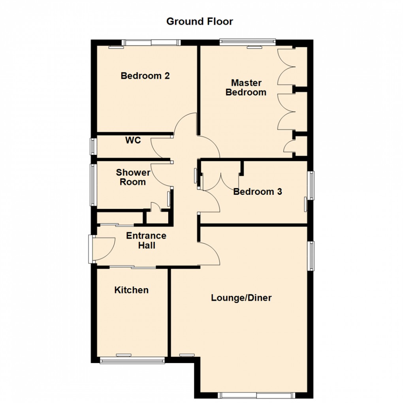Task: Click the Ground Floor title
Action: pos(200,21)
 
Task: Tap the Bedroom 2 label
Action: pos(145,75)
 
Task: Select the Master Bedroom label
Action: pos(246,88)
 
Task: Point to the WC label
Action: pos(133,140)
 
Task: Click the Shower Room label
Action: pos(133,177)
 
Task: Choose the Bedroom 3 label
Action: pos(258,192)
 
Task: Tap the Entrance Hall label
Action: pos(146,241)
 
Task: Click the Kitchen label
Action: pos(132,290)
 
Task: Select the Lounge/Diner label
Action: pos(241,298)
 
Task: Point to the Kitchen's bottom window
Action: pos(132,360)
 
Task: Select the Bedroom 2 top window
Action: pos(151,43)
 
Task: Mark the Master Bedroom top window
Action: pos(247,41)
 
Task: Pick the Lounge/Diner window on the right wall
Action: pos(311,256)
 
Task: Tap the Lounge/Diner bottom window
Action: pos(256,395)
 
